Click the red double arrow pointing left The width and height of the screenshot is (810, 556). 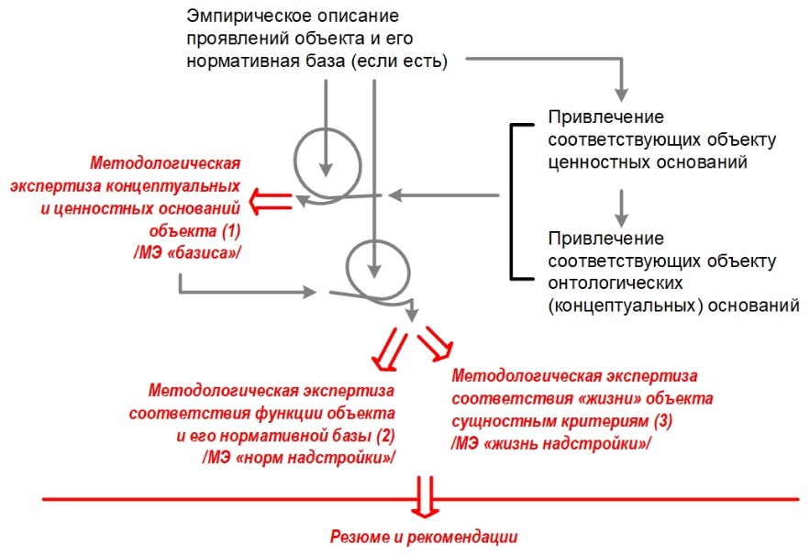(272, 200)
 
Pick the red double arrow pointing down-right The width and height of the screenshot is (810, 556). (435, 343)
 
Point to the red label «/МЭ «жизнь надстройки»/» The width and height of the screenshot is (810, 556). (550, 442)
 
